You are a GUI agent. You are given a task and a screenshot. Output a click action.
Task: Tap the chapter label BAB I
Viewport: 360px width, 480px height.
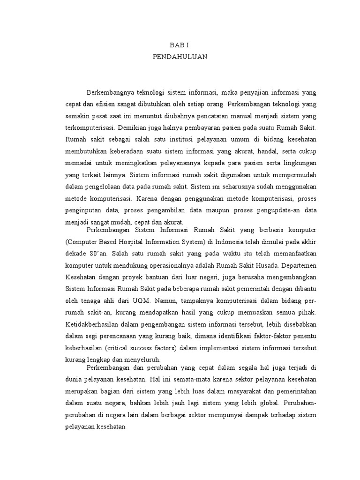tap(180, 45)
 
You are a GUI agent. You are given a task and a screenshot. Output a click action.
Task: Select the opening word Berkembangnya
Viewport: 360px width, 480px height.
tap(111, 92)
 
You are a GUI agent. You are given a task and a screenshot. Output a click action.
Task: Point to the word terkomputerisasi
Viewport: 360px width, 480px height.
tap(90, 127)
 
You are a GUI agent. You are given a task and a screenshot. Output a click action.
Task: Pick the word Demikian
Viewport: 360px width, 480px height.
tap(133, 127)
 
